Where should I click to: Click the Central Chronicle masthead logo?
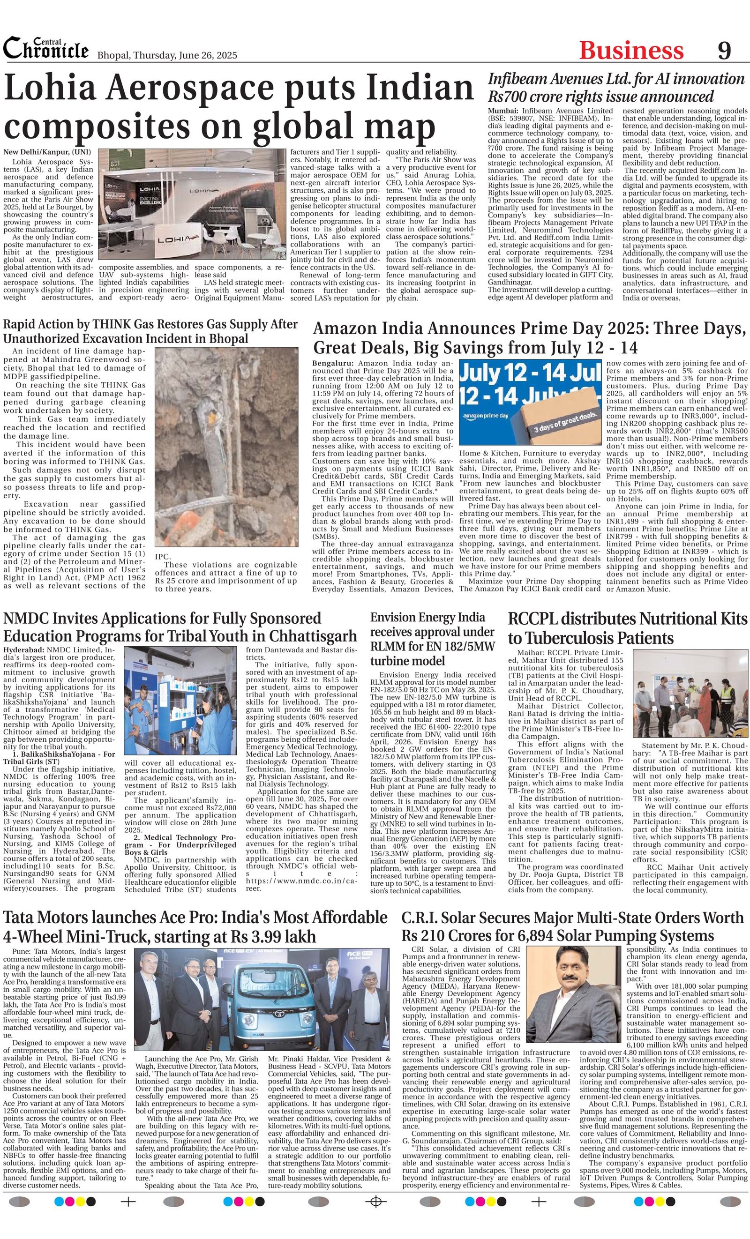pyautogui.click(x=46, y=49)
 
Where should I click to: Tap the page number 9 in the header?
pyautogui.click(x=724, y=51)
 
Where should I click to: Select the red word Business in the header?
pyautogui.click(x=631, y=51)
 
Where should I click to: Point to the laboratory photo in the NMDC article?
pyautogui.click(x=180, y=700)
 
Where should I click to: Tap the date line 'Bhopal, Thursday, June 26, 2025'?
pyautogui.click(x=166, y=55)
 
